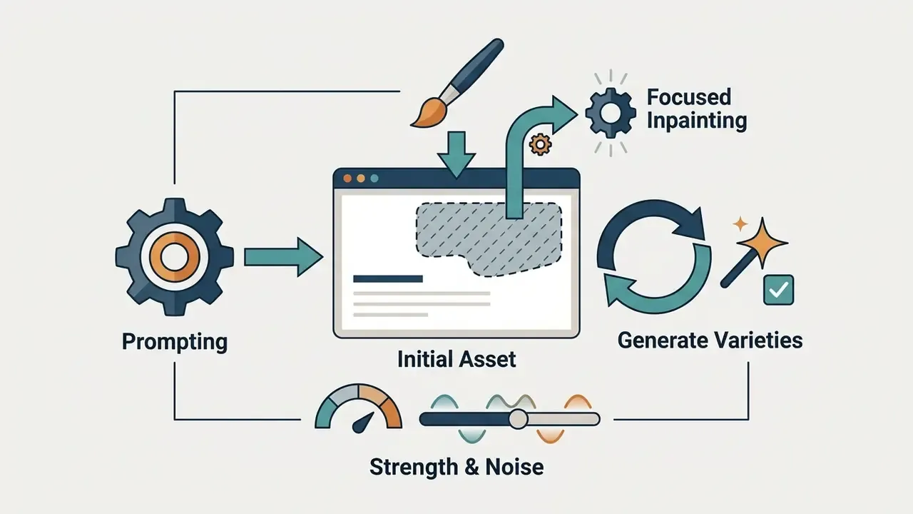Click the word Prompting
[175, 342]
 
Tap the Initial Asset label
[456, 359]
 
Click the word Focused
[689, 97]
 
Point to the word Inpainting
[697, 121]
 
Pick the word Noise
[514, 467]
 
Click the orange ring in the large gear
[175, 257]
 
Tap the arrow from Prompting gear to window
[284, 258]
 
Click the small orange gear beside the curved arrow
[541, 144]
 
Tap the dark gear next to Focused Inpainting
[610, 113]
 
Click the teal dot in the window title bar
[374, 178]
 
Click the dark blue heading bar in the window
[388, 279]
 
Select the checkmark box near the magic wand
[778, 290]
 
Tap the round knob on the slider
[518, 419]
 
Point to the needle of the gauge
[363, 423]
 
